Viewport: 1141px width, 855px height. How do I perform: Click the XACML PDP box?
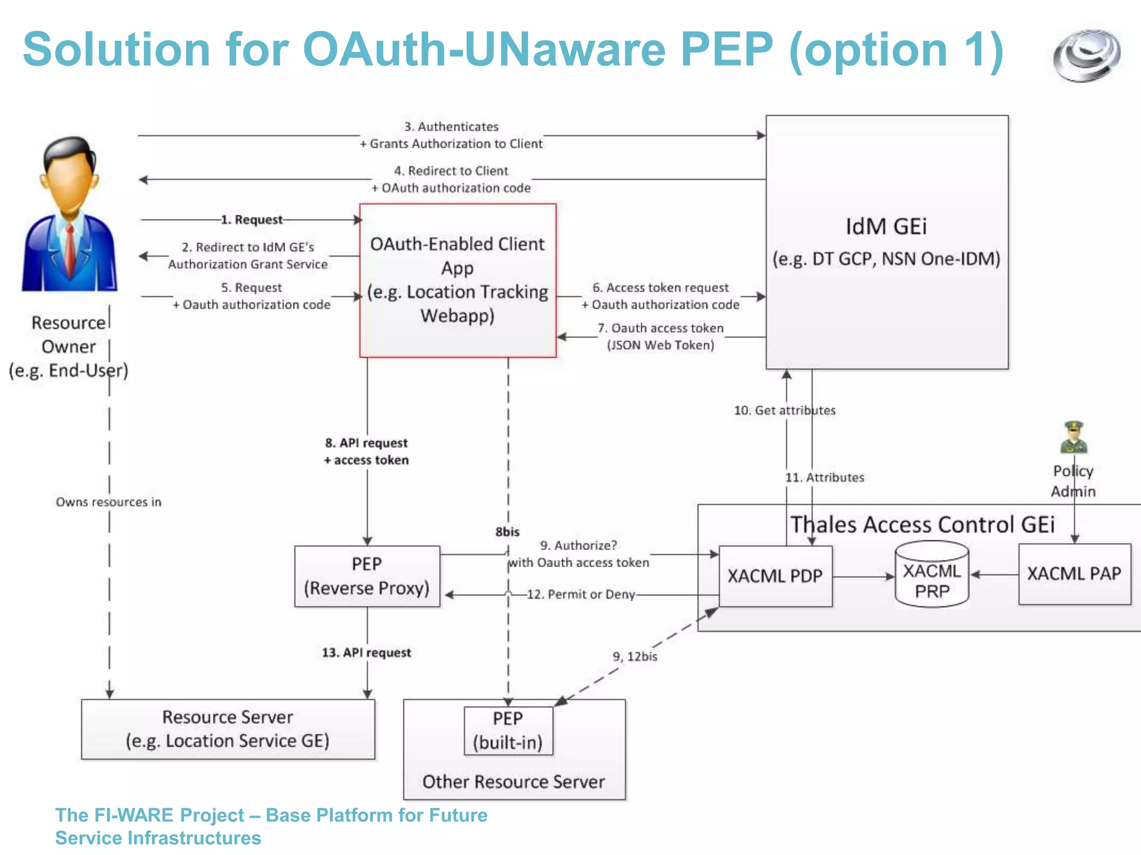point(775,576)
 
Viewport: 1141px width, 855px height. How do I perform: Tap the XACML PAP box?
point(1074,574)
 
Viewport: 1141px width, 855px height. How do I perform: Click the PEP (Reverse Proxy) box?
point(367,576)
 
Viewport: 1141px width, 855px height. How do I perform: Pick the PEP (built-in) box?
point(508,730)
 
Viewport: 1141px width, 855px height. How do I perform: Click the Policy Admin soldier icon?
point(1074,438)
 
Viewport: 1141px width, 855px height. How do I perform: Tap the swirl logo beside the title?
point(1086,56)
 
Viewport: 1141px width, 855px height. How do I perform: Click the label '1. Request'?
point(252,220)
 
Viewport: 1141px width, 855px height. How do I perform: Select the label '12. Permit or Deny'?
point(581,594)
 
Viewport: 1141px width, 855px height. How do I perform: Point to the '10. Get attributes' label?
point(784,411)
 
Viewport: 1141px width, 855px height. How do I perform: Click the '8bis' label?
point(507,532)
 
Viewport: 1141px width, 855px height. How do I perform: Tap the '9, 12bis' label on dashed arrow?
point(635,657)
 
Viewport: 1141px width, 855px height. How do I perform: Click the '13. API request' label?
point(367,653)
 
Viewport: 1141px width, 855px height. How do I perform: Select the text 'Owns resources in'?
point(109,502)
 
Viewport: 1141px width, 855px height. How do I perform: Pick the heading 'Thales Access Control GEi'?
point(923,525)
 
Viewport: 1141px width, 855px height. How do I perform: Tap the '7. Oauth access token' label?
point(660,328)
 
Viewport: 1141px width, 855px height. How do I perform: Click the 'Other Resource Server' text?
point(513,782)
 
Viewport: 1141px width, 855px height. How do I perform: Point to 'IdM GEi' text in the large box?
point(886,227)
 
